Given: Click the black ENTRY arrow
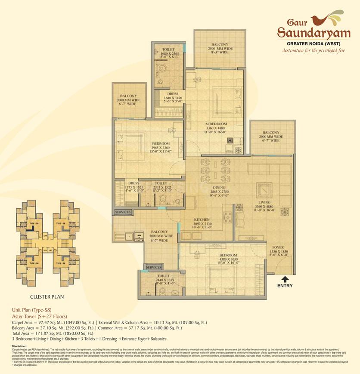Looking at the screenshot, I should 285,278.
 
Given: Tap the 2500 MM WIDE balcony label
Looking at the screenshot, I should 220,49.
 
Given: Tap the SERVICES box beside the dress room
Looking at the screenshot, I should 123,213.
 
